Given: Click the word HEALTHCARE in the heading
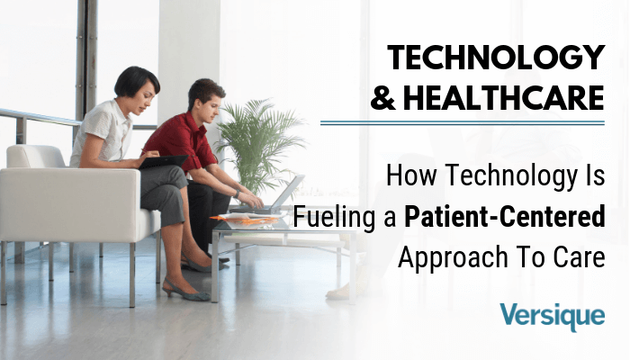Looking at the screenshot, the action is [x=504, y=97].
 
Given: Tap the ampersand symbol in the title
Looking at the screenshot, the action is [x=382, y=98].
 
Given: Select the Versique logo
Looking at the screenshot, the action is [x=552, y=316].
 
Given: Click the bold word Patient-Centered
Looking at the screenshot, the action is [x=505, y=216].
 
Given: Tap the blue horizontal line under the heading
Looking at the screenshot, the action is [x=463, y=123].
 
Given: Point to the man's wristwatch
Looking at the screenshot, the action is [x=237, y=194].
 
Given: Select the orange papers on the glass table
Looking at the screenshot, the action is [x=245, y=219].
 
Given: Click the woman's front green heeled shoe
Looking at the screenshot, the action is [x=185, y=291].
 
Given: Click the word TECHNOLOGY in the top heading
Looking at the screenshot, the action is [x=496, y=58].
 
